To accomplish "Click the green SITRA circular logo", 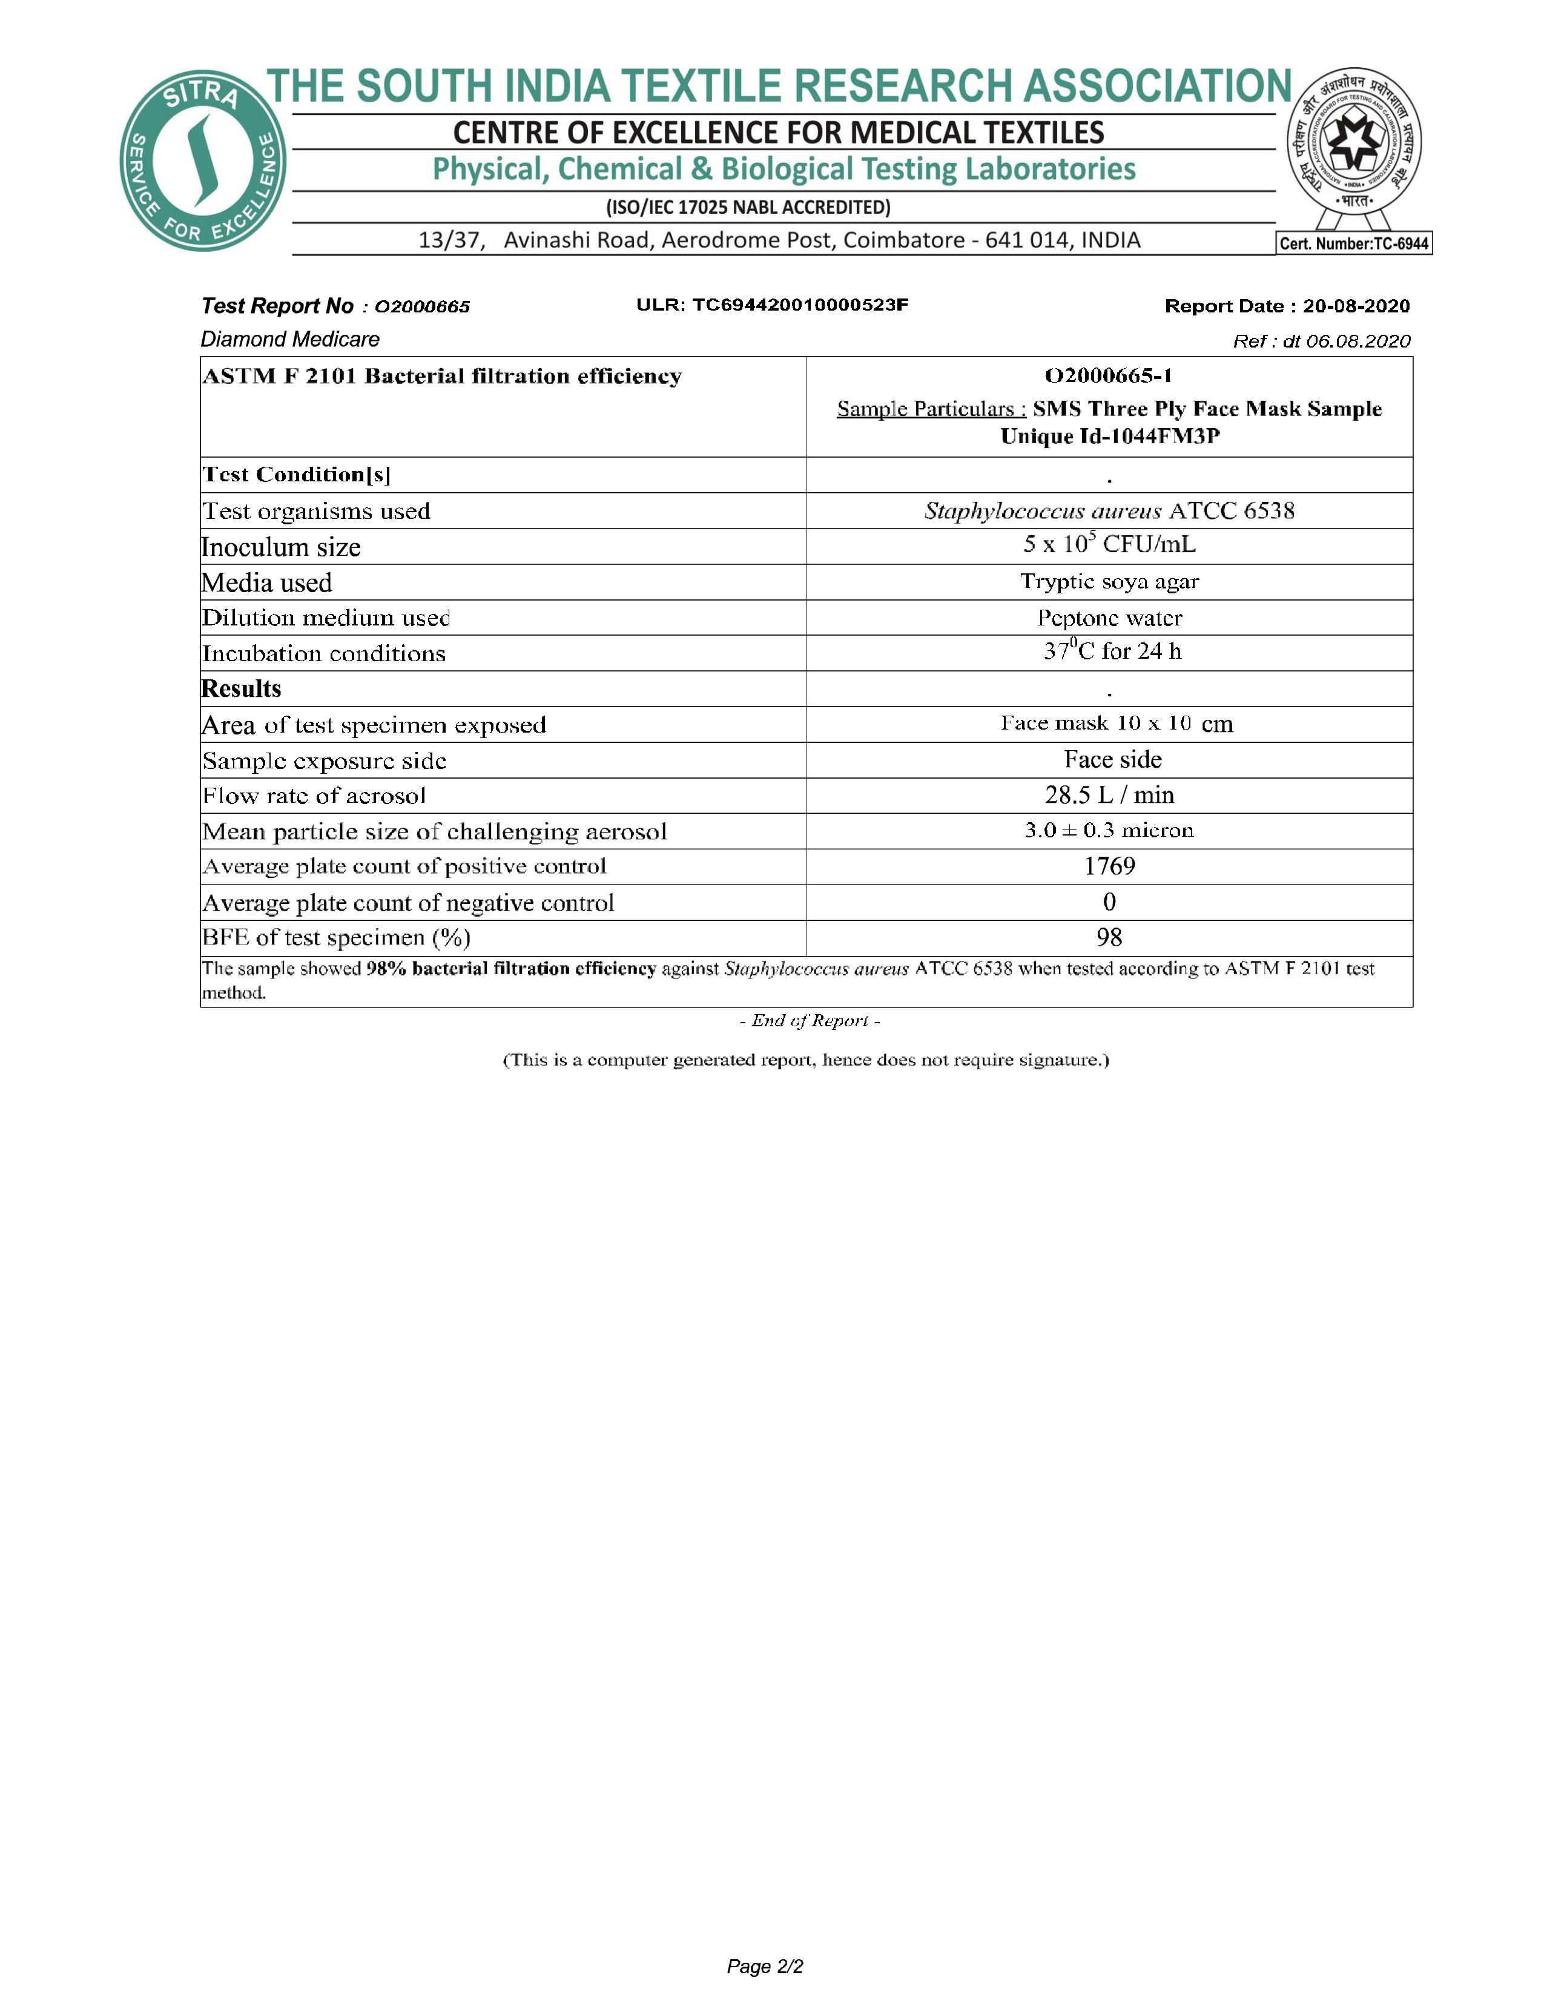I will tap(203, 161).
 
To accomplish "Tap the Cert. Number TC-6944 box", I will tap(1354, 243).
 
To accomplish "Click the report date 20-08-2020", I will tap(1356, 306).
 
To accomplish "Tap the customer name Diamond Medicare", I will tap(290, 340).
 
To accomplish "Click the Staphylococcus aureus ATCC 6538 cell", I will tap(1109, 510).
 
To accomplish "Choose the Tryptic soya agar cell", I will tap(1109, 582).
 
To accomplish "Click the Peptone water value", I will tap(1109, 618).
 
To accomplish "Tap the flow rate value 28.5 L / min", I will tap(1109, 795).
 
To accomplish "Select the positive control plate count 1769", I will tap(1109, 866).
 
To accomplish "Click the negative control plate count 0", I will tap(1109, 902).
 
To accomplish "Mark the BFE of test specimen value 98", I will tap(1109, 938).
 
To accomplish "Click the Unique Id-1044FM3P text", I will tap(1109, 437).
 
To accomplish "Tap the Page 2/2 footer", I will tap(765, 1966).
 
